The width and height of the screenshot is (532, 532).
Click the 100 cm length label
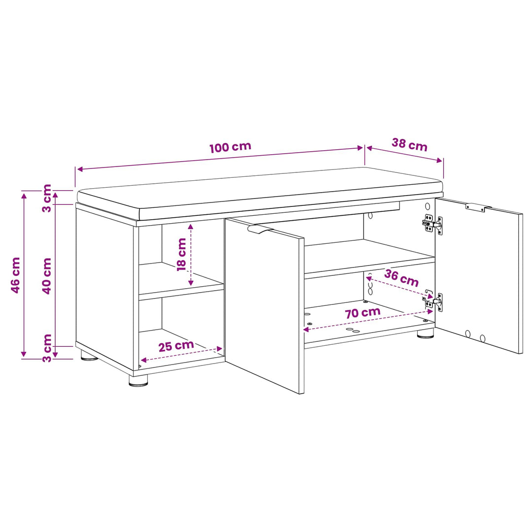click(x=231, y=147)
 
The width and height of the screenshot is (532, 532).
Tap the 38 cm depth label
click(x=409, y=144)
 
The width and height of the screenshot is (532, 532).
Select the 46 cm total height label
click(x=16, y=275)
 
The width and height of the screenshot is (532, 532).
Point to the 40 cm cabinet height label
click(x=46, y=276)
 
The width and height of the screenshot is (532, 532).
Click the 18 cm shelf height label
click(x=181, y=255)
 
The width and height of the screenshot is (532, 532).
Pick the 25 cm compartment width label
click(x=176, y=346)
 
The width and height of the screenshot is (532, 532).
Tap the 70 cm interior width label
click(x=363, y=313)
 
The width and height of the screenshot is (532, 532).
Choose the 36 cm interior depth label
click(x=401, y=278)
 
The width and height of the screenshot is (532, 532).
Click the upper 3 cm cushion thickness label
click(x=46, y=198)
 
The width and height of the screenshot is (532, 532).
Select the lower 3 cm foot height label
click(x=46, y=348)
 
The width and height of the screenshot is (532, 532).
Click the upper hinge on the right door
click(x=432, y=224)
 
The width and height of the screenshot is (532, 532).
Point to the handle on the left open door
click(x=260, y=230)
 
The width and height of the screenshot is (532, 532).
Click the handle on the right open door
click(x=478, y=207)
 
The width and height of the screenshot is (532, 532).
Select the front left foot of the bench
click(x=138, y=380)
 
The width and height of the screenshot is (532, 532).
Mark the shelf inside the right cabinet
click(x=369, y=259)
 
